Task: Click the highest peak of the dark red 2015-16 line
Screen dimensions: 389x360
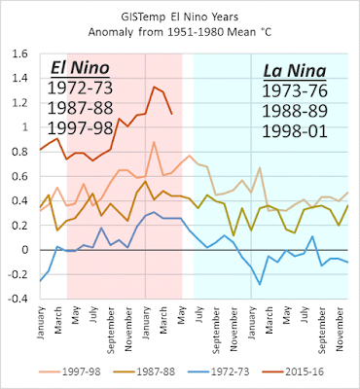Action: [152, 87]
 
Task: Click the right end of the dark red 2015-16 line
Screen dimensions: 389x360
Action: [173, 114]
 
